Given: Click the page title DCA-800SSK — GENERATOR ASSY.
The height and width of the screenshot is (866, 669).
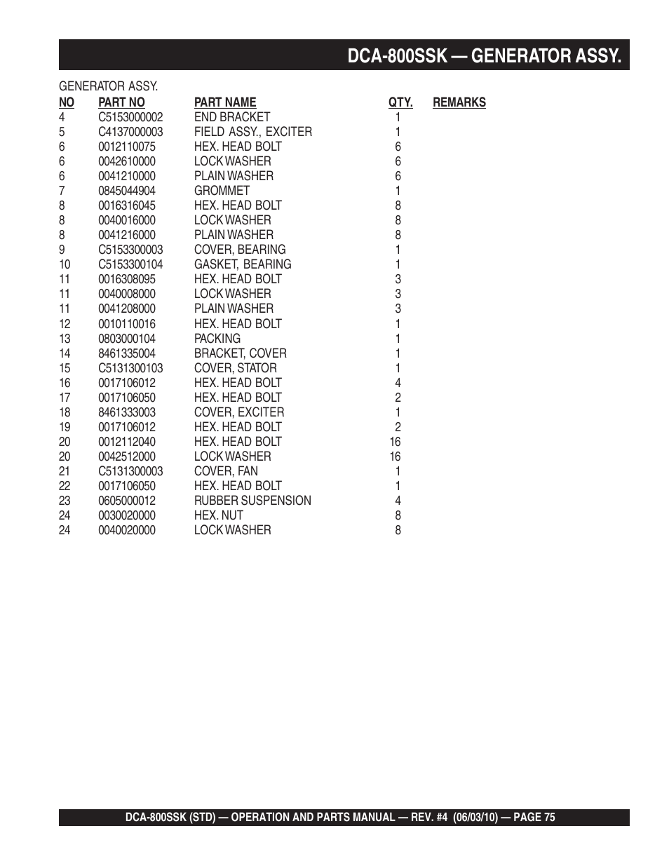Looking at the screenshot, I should tap(484, 55).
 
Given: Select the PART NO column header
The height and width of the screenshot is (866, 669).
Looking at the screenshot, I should tap(121, 102).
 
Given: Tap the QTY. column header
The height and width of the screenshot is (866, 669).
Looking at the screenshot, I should tap(400, 102).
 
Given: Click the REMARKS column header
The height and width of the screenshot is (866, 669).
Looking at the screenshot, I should tap(459, 102).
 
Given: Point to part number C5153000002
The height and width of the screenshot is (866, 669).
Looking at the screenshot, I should tap(130, 117).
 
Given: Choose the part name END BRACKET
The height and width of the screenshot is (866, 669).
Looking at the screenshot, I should tap(231, 117).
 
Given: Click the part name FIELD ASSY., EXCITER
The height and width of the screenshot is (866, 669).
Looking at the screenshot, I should tap(252, 132).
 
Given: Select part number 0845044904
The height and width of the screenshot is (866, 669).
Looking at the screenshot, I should tap(127, 191).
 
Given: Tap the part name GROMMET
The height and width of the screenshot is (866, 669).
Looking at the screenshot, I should tap(222, 191).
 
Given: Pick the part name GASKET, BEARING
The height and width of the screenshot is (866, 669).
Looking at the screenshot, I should tap(243, 264).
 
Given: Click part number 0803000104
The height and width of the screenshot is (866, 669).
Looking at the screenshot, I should tap(127, 339).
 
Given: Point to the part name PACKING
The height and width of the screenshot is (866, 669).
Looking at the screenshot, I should tap(217, 339).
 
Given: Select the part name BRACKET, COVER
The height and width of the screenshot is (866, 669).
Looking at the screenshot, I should tap(240, 353).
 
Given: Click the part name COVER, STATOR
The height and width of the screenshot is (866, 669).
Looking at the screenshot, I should tap(235, 368).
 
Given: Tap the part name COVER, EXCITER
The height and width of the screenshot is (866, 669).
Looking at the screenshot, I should tap(239, 412).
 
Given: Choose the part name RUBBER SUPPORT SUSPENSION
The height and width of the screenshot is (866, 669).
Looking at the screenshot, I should tap(252, 501).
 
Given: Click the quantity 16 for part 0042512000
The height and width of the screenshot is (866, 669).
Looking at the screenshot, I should tap(395, 456).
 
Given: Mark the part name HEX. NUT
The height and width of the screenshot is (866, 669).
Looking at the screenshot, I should tap(219, 515).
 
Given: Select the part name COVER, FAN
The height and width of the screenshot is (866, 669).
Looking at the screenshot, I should tap(226, 471).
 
